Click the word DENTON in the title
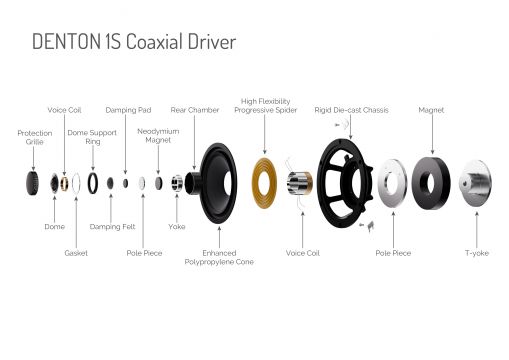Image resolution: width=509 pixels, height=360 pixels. [66, 42]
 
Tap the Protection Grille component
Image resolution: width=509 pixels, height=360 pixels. [32, 183]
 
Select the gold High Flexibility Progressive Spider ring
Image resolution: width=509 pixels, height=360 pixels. [264, 183]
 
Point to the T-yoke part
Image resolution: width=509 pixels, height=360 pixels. [475, 183]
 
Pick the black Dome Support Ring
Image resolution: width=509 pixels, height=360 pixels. [89, 183]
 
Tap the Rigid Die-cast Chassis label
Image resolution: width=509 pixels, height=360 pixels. [351, 110]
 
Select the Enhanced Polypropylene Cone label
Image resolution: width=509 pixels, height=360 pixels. [219, 257]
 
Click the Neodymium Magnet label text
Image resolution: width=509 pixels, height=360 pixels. [158, 136]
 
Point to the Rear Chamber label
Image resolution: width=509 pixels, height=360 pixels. [195, 110]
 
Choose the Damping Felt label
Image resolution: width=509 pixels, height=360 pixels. [112, 227]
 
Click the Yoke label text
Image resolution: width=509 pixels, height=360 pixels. [177, 227]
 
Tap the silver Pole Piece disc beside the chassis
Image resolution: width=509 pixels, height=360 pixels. [383, 183]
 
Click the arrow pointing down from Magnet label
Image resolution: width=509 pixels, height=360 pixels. [432, 134]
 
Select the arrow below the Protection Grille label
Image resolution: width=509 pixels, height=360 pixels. [33, 158]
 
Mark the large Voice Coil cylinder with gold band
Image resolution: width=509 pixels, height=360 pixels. [300, 183]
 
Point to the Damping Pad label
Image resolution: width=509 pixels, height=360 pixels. [128, 110]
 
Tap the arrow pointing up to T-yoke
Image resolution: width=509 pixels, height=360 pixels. [477, 229]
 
